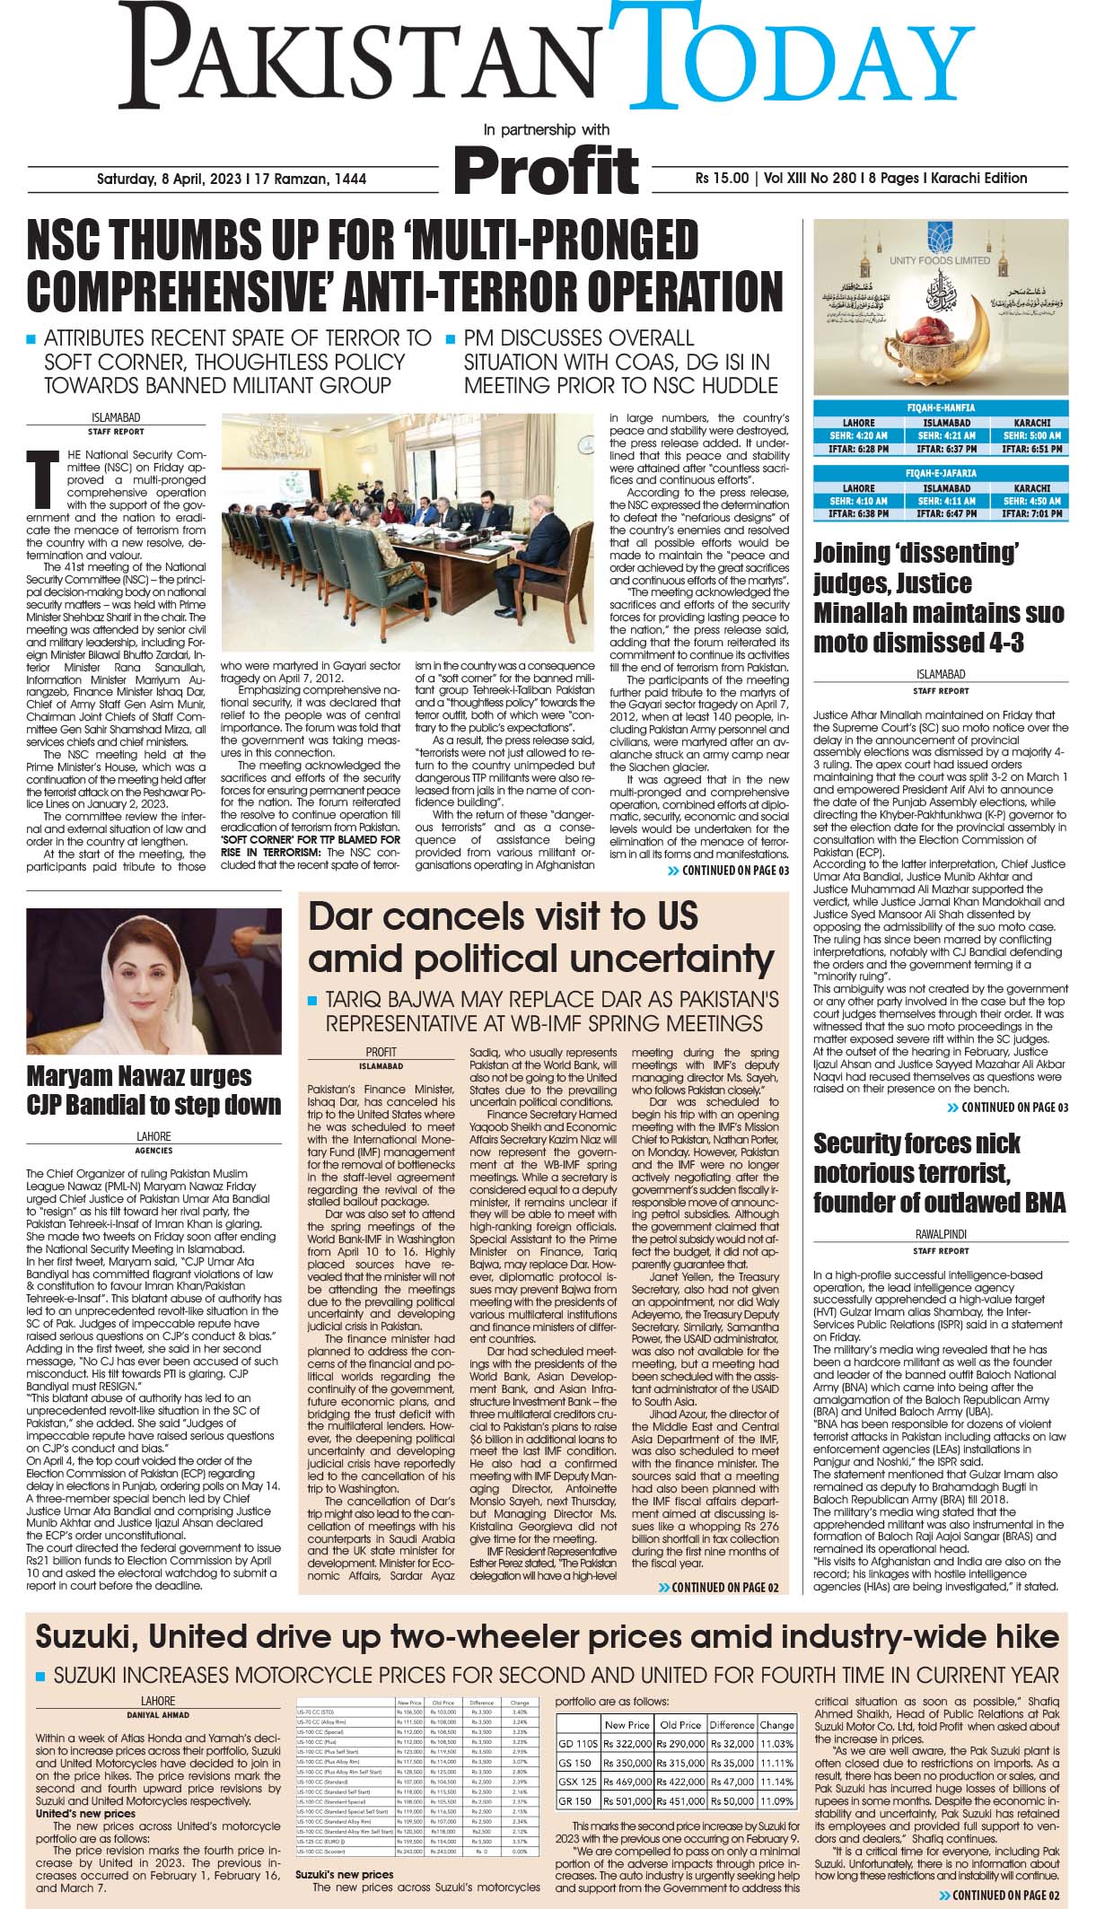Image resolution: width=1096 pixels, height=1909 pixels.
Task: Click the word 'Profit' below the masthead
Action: click(x=547, y=170)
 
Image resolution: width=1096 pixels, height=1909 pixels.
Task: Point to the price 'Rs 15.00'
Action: click(x=722, y=178)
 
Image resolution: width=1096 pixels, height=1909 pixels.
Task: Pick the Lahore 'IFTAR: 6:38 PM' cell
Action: click(x=858, y=514)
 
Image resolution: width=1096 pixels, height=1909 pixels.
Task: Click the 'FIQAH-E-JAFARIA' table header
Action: click(x=941, y=473)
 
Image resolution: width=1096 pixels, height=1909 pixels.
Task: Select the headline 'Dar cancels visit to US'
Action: click(x=503, y=916)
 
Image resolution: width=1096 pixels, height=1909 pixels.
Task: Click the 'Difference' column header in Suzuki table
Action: click(x=732, y=1724)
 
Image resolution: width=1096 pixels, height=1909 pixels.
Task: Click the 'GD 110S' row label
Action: click(x=577, y=1744)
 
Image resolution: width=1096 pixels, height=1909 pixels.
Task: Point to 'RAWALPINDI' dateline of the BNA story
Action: click(x=941, y=1234)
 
